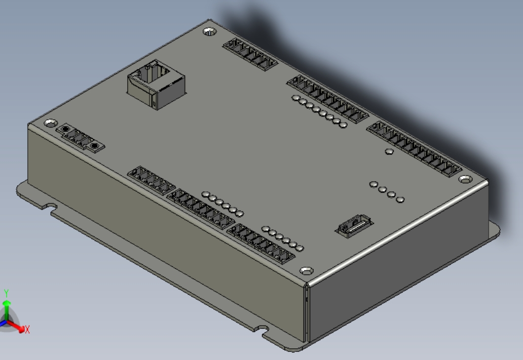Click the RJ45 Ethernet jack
pyautogui.click(x=156, y=85)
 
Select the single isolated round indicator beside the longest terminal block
pyautogui.click(x=389, y=152)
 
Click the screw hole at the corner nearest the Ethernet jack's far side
pyautogui.click(x=209, y=32)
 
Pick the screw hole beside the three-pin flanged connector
pyautogui.click(x=51, y=124)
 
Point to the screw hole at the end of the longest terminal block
pyautogui.click(x=465, y=179)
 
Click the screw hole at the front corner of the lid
pyautogui.click(x=307, y=271)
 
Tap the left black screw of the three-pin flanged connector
pyautogui.click(x=66, y=129)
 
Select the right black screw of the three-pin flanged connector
pyautogui.click(x=95, y=146)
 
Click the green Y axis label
pyautogui.click(x=7, y=293)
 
